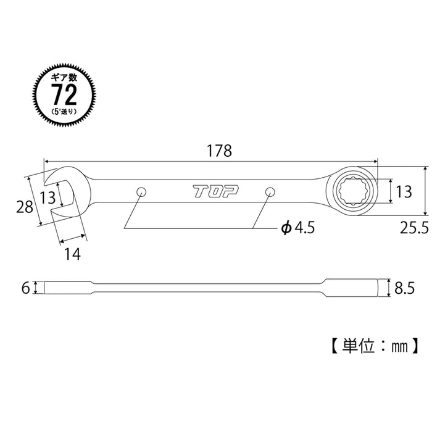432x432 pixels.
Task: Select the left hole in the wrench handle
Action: (141, 191)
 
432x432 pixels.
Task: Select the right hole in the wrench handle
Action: (269, 192)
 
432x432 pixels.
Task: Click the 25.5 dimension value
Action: (413, 228)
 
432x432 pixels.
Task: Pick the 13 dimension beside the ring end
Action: (404, 191)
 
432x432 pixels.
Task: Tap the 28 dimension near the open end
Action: (25, 207)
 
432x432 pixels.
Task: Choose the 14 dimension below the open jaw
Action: (72, 252)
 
